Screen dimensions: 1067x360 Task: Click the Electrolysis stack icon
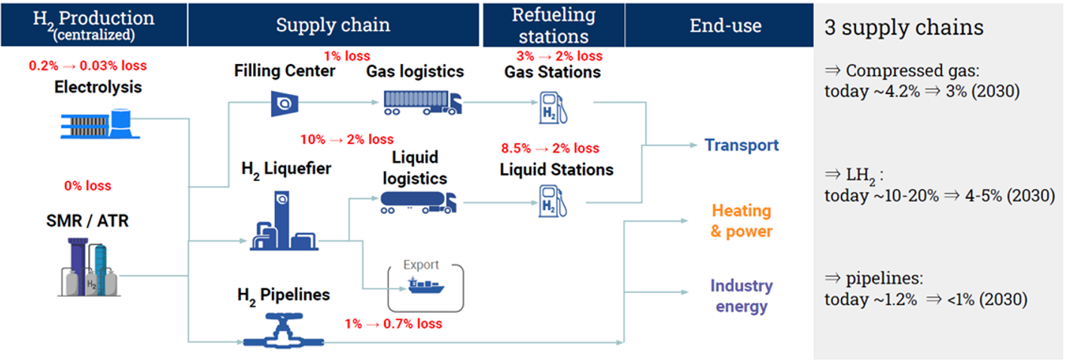coord(100,124)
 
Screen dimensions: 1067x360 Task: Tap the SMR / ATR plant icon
coord(89,267)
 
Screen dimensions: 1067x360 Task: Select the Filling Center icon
coord(285,104)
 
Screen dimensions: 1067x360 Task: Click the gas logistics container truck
coord(422,103)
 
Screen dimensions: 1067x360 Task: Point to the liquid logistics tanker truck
coord(418,203)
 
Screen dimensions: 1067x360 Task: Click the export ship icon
coord(426,285)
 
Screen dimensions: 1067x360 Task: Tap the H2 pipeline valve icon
coord(283,330)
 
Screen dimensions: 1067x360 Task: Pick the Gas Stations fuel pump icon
coord(553,108)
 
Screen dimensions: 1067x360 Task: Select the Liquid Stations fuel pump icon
coord(553,201)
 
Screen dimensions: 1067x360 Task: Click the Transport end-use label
coord(741,145)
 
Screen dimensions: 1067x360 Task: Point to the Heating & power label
coord(741,221)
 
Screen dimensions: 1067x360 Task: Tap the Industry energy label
coord(742,296)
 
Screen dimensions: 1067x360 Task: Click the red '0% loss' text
coord(87,185)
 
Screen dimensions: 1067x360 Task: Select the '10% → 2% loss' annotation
coord(347,139)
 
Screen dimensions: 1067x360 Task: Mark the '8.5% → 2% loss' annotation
coord(550,148)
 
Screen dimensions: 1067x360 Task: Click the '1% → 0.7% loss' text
coord(394,324)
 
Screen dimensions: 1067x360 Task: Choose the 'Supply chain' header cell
coord(334,25)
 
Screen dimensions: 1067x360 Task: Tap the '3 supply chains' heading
coord(904,27)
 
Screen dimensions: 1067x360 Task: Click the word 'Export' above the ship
coord(421,265)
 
